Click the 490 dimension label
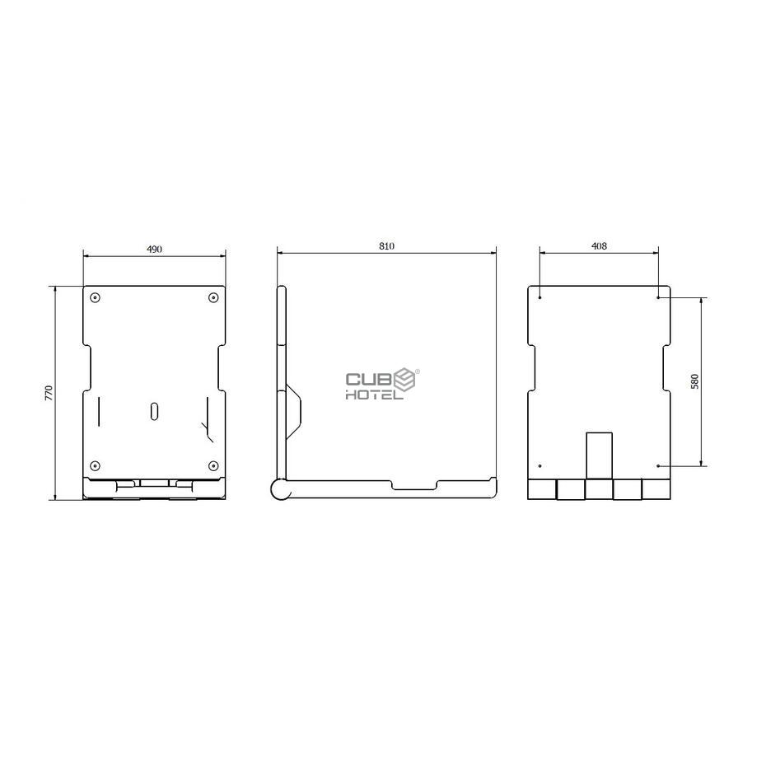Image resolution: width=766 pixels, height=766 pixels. [154, 249]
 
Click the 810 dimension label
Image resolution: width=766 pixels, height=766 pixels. [386, 246]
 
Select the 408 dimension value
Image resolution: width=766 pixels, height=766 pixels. [599, 246]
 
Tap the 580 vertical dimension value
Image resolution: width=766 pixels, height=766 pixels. [694, 381]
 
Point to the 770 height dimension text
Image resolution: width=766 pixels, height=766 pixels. [49, 393]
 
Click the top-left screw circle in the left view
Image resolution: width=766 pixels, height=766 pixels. [96, 297]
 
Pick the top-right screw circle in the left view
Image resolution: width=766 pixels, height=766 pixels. [213, 297]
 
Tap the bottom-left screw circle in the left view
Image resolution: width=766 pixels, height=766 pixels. [96, 465]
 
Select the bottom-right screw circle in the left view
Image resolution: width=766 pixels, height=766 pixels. [213, 465]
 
